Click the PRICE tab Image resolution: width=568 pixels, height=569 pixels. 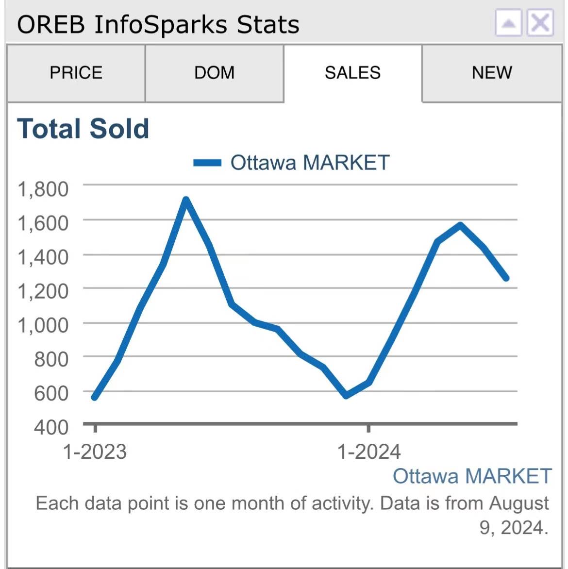click(76, 73)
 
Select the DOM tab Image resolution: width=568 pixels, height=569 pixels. click(214, 73)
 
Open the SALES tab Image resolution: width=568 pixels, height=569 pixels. click(352, 73)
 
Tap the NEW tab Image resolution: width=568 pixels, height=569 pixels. click(491, 73)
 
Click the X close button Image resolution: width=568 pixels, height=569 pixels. click(540, 23)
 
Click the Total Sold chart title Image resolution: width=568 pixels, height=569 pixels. click(83, 129)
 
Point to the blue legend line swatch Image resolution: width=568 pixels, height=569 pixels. click(207, 163)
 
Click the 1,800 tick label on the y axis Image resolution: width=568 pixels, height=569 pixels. click(43, 189)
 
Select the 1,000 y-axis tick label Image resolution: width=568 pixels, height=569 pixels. click(43, 325)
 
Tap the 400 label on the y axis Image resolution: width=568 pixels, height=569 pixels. click(51, 427)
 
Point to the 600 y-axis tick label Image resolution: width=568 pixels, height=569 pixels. click(51, 393)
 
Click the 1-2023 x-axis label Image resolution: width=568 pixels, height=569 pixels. click(95, 452)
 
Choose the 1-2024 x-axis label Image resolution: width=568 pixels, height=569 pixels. click(369, 452)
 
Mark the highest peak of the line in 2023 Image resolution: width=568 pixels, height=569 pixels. click(186, 199)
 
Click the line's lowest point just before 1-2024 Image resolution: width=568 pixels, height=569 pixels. click(346, 396)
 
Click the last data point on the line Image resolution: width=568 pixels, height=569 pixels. click(506, 278)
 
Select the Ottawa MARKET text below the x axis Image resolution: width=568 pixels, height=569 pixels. click(472, 476)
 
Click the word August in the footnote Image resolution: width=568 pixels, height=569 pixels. click(519, 503)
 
